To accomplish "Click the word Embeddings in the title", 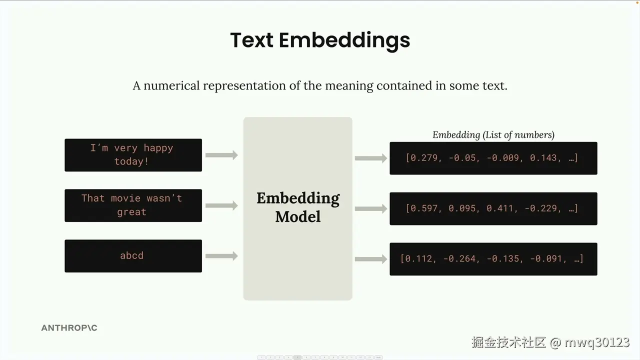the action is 344,41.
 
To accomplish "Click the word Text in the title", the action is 251,40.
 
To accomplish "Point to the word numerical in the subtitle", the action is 171,85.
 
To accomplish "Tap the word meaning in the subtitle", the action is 349,86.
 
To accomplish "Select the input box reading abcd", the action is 133,256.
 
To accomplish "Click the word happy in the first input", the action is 158,148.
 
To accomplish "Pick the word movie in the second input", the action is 125,198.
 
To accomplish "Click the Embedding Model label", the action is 298,207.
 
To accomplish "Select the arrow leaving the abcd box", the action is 221,255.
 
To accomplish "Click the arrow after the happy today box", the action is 221,155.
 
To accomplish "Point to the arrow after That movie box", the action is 221,205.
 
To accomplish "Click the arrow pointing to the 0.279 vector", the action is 371,158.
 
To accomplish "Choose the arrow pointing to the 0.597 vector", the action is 371,208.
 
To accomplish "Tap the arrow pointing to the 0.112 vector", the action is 371,259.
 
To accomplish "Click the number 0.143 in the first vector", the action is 543,157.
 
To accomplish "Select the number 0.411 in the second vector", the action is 499,208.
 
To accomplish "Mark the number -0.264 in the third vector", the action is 459,258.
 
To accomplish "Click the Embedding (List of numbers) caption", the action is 493,135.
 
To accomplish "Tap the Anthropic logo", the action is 69,327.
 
